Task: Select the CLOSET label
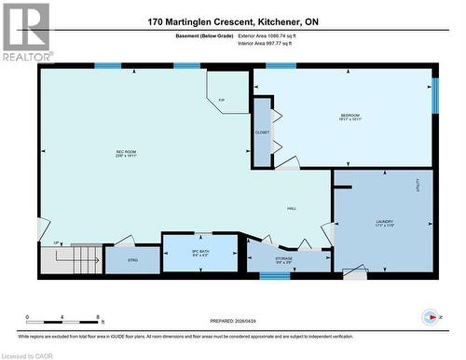click(262, 132)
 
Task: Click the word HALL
click(291, 208)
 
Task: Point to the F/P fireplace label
click(222, 100)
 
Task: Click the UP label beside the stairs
click(58, 242)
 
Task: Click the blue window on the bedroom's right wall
click(434, 95)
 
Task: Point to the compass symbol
click(430, 317)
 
